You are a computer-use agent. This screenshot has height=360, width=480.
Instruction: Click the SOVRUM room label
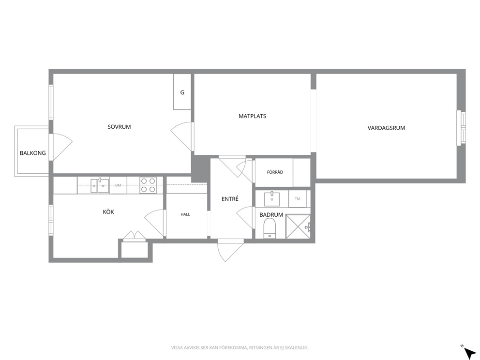(119, 127)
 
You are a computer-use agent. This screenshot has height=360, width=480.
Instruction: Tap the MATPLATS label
(252, 116)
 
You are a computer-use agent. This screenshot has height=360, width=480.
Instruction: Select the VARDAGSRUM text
(386, 128)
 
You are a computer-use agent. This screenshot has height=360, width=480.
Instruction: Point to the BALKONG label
(33, 153)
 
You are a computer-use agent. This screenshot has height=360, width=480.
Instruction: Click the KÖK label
(108, 212)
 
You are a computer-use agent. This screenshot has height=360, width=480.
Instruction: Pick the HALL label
(185, 214)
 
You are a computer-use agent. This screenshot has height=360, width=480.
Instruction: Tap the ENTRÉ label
(230, 199)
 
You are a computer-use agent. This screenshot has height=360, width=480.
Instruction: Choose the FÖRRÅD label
(275, 172)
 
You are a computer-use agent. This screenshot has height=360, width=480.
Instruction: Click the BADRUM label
(271, 215)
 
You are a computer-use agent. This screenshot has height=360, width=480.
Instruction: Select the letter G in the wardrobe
(182, 92)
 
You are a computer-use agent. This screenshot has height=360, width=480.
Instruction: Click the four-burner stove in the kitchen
(148, 185)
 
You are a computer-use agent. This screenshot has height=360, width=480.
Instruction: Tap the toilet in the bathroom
(270, 228)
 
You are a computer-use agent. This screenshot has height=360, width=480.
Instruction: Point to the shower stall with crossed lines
(298, 226)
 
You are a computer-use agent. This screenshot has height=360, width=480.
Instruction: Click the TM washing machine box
(297, 199)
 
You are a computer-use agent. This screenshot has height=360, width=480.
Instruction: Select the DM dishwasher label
(118, 185)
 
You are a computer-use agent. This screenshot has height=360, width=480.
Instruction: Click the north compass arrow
(469, 352)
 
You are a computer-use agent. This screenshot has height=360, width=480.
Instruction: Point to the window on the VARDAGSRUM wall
(461, 128)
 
